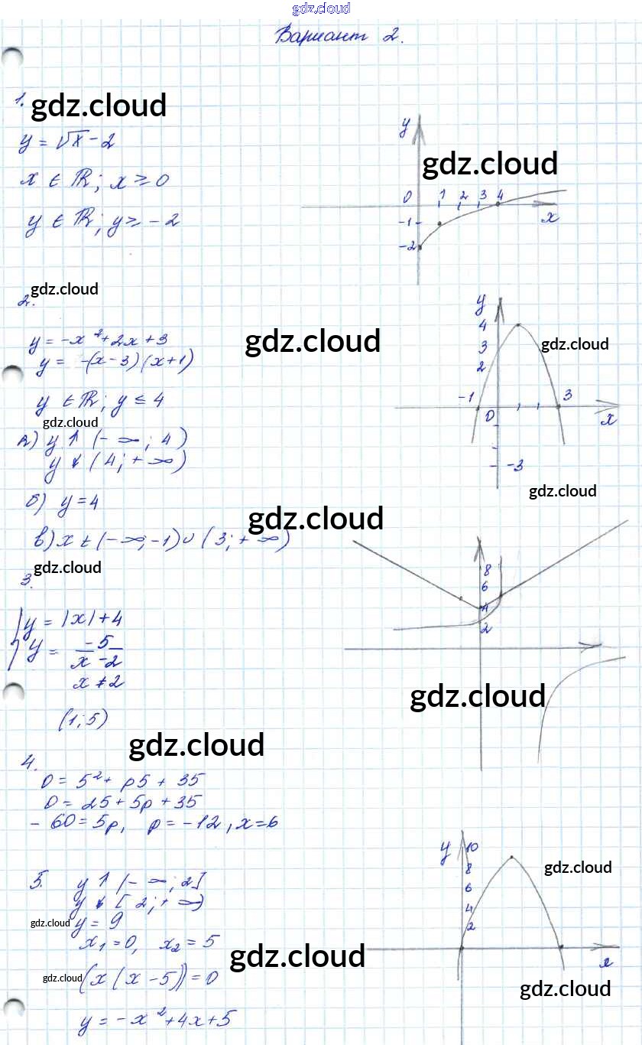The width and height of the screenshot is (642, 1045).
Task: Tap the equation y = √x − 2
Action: tap(69, 142)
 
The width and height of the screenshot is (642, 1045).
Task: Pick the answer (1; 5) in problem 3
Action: tap(82, 719)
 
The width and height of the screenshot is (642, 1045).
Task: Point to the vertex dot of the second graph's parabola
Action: tap(518, 324)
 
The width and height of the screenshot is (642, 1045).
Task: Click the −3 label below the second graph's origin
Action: tap(514, 465)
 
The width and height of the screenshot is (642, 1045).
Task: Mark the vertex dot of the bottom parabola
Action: tap(511, 857)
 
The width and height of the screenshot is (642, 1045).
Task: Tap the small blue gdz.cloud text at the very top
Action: tap(321, 8)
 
